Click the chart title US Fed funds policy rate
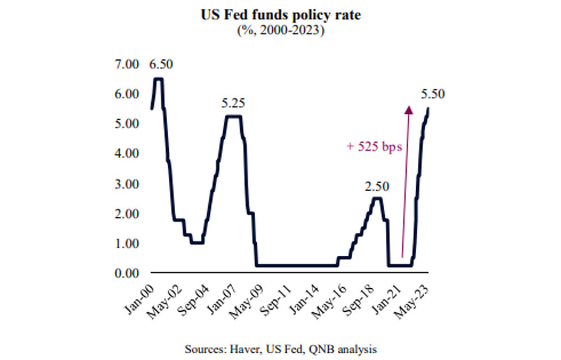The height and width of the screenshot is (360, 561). tap(280, 16)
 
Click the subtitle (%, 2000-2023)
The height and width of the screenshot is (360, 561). tap(280, 31)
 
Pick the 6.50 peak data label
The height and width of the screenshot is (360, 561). tap(161, 64)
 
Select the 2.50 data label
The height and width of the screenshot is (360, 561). tap(378, 186)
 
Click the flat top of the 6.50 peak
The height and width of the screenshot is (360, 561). tap(159, 79)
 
